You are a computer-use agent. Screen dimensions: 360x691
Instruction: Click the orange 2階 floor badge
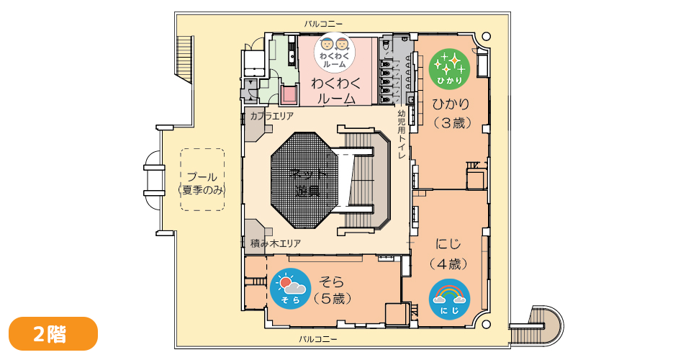click(53, 333)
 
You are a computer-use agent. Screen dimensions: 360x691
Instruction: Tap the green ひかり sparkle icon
click(449, 68)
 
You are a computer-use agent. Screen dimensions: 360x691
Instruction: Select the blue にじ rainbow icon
click(449, 298)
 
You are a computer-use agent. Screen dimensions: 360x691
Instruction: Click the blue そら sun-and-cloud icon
click(289, 289)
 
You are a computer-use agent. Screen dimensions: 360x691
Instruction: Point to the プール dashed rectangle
click(202, 179)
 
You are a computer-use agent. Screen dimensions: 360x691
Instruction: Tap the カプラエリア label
click(271, 115)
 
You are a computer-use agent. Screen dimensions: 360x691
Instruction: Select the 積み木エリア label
click(276, 243)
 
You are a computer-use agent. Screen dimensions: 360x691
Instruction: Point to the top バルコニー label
click(323, 24)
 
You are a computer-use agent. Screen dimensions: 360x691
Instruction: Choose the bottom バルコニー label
click(319, 338)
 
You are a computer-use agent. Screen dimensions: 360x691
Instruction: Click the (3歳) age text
click(452, 123)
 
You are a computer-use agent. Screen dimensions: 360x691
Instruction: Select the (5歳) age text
click(333, 297)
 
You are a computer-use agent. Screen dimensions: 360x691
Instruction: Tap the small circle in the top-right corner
click(486, 36)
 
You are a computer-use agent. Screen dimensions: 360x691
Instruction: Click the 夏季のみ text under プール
click(202, 190)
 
